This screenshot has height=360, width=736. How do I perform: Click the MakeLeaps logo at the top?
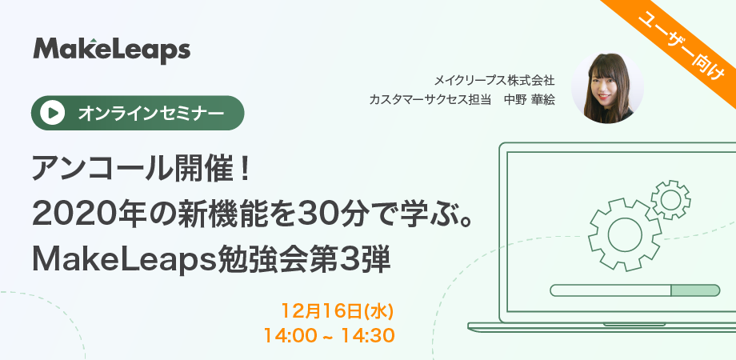click(x=112, y=50)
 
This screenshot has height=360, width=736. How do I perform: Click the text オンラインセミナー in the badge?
click(x=150, y=113)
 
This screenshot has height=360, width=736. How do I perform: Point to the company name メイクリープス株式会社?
click(x=494, y=80)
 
